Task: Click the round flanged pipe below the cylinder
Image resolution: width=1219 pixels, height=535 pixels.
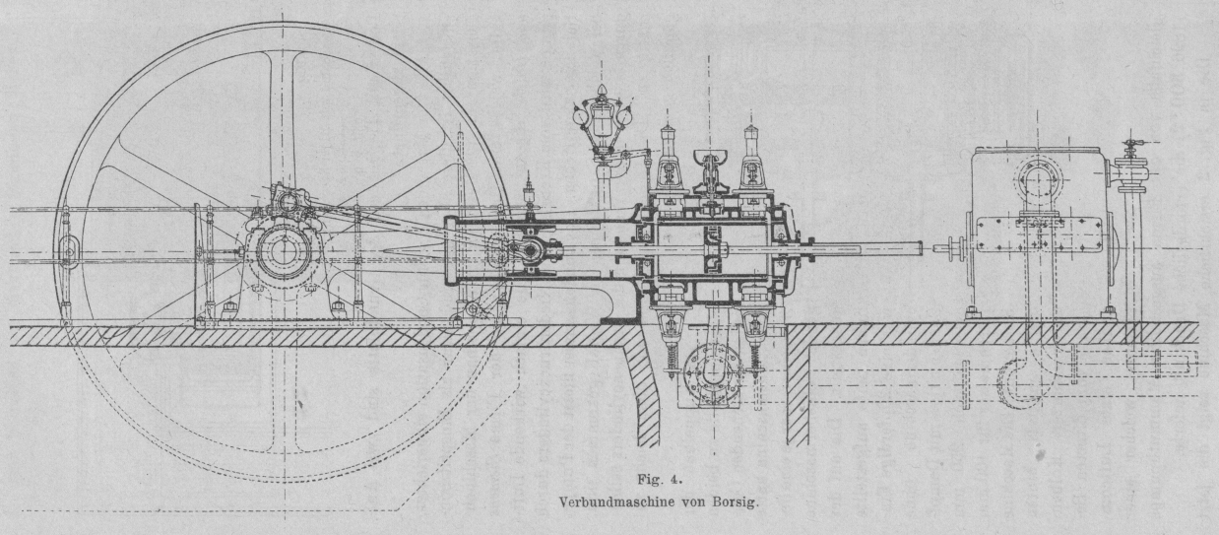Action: pyautogui.click(x=712, y=373)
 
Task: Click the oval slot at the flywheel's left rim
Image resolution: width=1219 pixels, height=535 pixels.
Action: pyautogui.click(x=69, y=250)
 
